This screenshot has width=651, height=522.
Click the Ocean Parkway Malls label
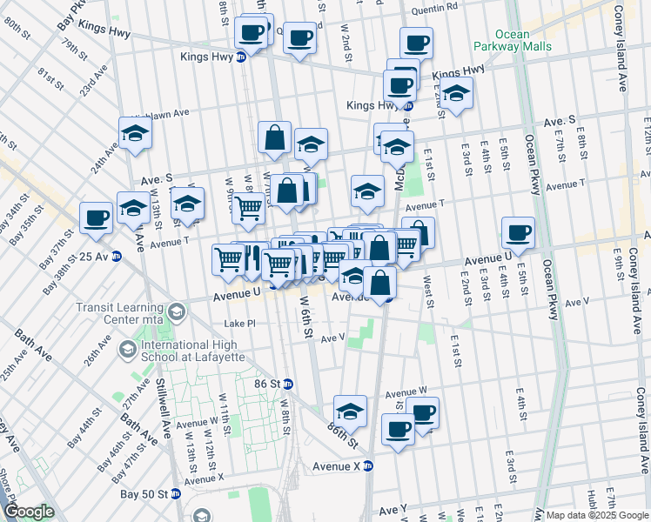500,41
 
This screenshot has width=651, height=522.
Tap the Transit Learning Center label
120,312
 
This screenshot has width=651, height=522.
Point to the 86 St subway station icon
288,384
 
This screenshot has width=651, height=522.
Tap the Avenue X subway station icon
367,466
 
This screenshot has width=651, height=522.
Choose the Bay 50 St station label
143,494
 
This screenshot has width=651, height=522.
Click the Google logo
28,512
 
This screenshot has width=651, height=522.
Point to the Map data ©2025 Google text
596,515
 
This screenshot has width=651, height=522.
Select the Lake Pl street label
239,323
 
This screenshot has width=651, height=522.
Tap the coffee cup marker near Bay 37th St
96,217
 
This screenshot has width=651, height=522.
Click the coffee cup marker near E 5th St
518,232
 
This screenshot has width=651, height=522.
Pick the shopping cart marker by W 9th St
249,209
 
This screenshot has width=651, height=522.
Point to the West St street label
428,293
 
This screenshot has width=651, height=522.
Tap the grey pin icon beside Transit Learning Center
177,311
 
